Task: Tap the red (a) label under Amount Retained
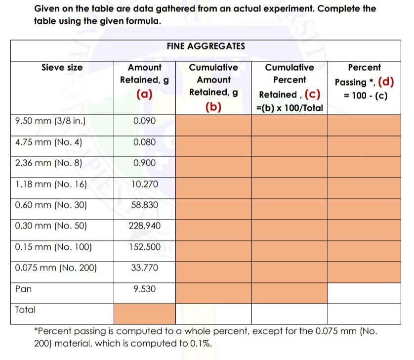[x=144, y=94]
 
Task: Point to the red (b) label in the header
[x=213, y=107]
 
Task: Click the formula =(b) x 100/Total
[x=290, y=108]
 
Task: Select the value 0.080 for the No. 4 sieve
[x=144, y=142]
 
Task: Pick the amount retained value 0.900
[x=144, y=163]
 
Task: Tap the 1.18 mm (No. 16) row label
[x=51, y=184]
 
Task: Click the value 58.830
[x=144, y=205]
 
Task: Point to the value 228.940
[x=144, y=226]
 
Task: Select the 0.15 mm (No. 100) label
[x=53, y=247]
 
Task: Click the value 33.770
[x=144, y=268]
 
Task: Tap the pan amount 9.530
[x=144, y=289]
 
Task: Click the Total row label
[x=25, y=310]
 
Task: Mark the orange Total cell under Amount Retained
[x=144, y=313]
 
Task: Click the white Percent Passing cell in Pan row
[x=364, y=292]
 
